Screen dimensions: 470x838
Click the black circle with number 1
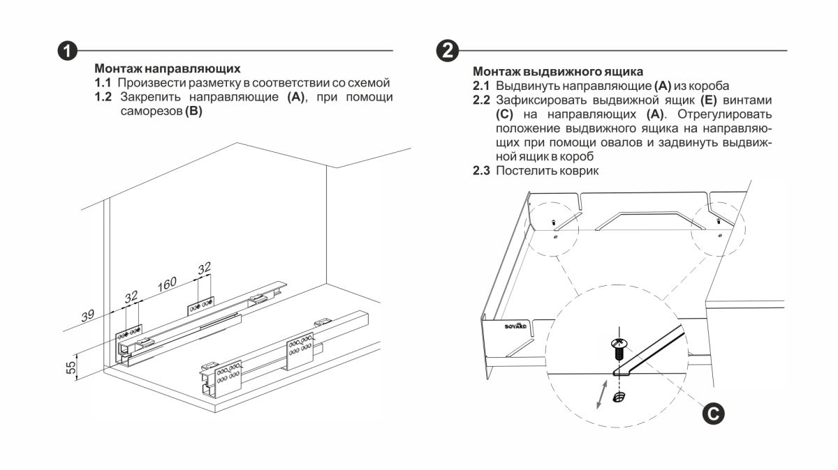click(66, 51)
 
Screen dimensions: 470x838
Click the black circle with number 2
click(447, 51)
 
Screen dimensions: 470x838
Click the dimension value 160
click(166, 285)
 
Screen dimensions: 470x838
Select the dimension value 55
click(71, 367)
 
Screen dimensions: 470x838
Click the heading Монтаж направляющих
click(168, 69)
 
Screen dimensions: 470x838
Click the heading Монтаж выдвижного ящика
click(558, 71)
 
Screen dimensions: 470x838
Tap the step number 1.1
click(103, 83)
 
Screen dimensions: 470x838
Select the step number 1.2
click(103, 96)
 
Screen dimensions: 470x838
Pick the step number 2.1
click(482, 86)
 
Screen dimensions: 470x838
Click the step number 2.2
click(482, 100)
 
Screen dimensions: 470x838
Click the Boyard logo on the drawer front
click(515, 326)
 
